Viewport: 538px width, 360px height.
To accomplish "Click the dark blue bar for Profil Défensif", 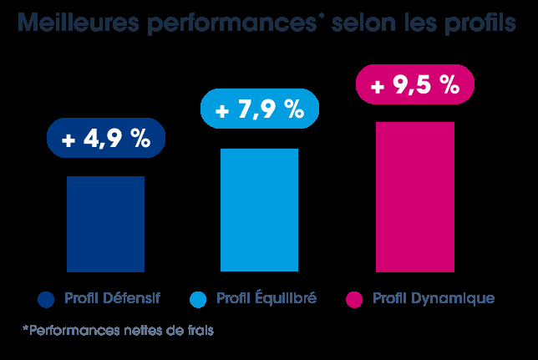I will coord(105,224).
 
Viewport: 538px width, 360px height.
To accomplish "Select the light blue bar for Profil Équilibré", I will coord(259,210).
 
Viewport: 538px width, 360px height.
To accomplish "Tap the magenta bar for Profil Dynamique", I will coord(414,196).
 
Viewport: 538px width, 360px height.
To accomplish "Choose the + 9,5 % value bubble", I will coord(414,84).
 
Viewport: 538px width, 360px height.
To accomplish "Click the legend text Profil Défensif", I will coord(112,298).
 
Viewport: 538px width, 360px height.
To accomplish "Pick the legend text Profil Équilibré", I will coord(266,298).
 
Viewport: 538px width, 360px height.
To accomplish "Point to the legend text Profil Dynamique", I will coord(434,298).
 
